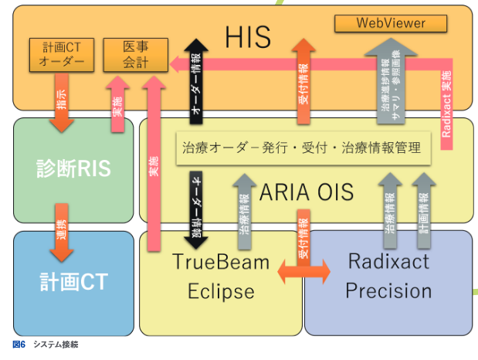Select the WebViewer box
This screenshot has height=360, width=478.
coord(391,23)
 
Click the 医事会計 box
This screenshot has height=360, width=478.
coord(135,55)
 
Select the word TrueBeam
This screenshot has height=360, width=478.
coord(220,262)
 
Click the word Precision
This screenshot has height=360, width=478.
coord(388,290)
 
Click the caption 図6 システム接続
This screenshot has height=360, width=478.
coord(46,345)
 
